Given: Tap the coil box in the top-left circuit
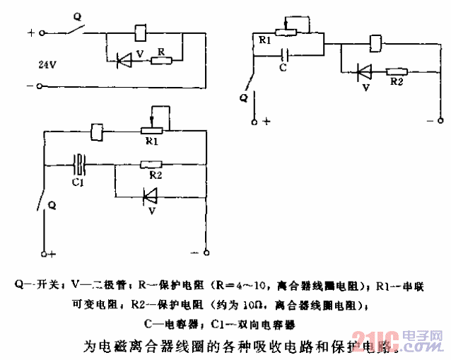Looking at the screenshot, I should (140, 32).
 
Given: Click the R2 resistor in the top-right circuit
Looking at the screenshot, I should (396, 71).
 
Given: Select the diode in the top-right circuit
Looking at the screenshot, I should (364, 71).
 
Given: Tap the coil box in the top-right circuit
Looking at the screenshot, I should (376, 42).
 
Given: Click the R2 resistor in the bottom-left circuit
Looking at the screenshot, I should (151, 166).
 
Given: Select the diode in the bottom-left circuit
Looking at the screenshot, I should (149, 194).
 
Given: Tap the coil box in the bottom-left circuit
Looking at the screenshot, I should (98, 132).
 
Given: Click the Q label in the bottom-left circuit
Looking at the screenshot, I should (50, 205).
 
